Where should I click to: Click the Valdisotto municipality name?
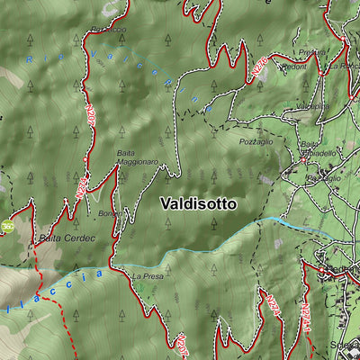tap(199, 204)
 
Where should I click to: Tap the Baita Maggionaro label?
tap(138, 157)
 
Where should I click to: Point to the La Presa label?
tap(148, 277)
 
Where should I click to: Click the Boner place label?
tap(109, 213)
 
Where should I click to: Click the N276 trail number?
tap(259, 68)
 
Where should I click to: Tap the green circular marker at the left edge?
tap(6, 227)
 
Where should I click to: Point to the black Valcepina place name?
tap(311, 106)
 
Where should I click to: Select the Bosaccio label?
tap(108, 30)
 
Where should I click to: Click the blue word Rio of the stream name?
tap(33, 60)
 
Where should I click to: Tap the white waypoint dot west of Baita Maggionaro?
tap(85, 159)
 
